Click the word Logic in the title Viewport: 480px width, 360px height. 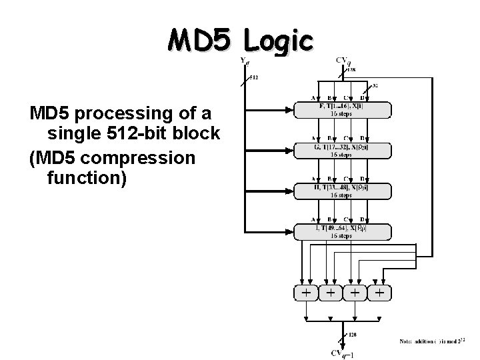[x=278, y=41]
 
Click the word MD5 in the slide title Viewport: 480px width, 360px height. [x=200, y=41]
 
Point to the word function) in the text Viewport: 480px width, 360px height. [x=87, y=179]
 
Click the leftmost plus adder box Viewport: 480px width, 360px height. [x=305, y=293]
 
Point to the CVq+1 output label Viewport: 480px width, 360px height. [x=344, y=353]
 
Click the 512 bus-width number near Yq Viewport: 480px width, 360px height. [x=254, y=77]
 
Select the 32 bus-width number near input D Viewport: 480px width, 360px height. [x=375, y=85]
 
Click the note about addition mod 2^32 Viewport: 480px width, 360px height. [x=436, y=341]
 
